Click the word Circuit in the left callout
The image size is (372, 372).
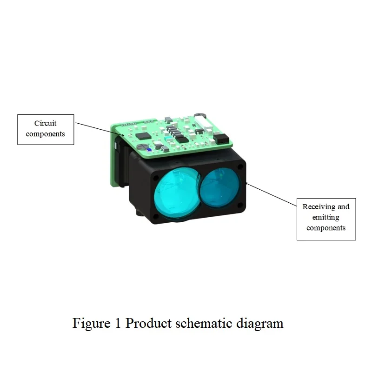(45, 123)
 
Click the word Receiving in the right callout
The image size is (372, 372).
(319, 206)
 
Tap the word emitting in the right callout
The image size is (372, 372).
(326, 217)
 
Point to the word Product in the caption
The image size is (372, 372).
(148, 323)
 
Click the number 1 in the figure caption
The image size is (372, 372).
(118, 323)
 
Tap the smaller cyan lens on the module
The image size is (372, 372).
(220, 188)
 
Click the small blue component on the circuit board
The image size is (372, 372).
(149, 150)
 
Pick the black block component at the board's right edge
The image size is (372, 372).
(221, 139)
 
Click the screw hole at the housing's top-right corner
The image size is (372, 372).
(240, 167)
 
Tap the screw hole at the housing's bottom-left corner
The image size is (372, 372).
(156, 216)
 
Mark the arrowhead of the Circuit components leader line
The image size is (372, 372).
(123, 135)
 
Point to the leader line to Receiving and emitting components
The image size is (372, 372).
(272, 194)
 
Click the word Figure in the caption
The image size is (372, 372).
(92, 324)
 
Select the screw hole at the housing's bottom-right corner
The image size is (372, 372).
(240, 205)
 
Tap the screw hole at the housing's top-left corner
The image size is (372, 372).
(156, 178)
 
